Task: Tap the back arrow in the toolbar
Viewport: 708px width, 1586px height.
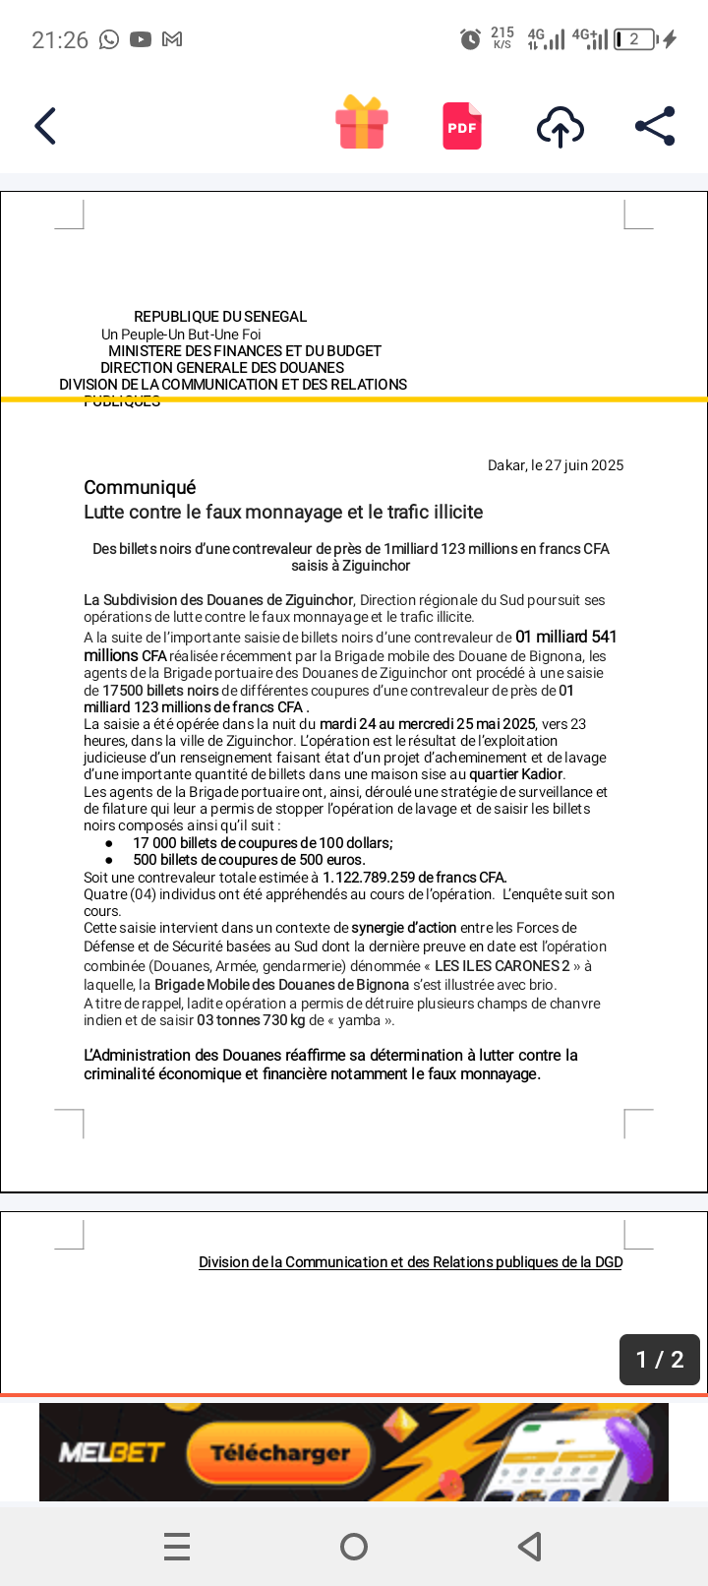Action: coord(45,126)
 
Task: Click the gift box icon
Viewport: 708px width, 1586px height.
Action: coord(362,123)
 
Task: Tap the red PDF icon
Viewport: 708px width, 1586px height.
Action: coord(462,126)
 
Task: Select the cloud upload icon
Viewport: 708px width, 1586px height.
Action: coord(560,127)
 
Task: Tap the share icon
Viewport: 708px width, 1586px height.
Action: coord(655,126)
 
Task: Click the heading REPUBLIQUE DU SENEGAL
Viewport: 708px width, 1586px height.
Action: coord(220,317)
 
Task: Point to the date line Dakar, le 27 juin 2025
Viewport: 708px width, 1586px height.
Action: coord(556,465)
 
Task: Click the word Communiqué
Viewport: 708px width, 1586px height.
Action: coord(140,488)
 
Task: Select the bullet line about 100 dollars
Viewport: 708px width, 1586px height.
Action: coord(263,843)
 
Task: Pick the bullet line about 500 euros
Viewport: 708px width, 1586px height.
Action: coord(249,860)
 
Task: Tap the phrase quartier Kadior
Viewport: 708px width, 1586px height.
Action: coord(515,774)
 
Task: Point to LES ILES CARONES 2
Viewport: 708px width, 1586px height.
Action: coord(501,966)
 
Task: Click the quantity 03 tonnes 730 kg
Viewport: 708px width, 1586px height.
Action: coord(251,1020)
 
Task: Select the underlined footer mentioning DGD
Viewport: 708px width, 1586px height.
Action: coord(410,1262)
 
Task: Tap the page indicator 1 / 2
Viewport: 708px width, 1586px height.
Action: coord(659,1360)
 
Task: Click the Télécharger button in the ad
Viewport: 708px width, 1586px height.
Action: coord(280,1452)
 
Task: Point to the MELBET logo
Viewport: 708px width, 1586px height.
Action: coord(111,1452)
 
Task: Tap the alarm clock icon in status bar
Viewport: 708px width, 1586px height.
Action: coord(470,39)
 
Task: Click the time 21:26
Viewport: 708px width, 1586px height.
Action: coord(60,40)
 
